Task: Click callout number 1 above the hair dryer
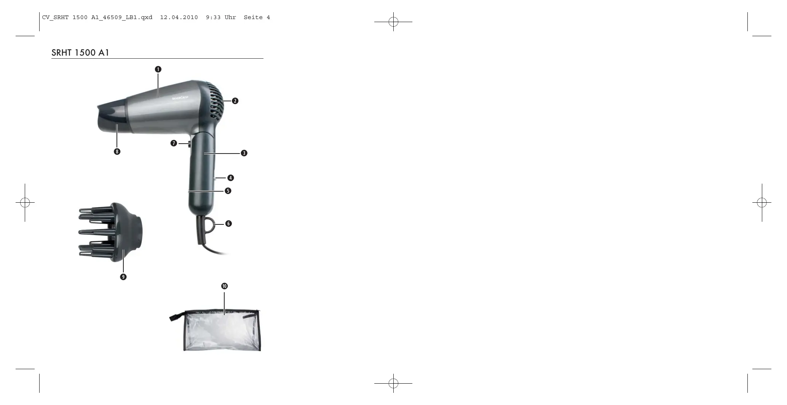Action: pos(158,69)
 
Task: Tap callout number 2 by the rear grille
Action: pos(235,101)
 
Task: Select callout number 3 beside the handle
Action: pos(244,153)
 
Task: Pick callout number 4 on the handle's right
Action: pos(230,178)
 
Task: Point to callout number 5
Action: pos(228,190)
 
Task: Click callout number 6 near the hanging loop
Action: pos(228,224)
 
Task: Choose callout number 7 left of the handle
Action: pos(174,143)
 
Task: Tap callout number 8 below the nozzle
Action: pos(117,152)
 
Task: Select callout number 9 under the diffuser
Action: pos(123,277)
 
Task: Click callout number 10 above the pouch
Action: pos(224,286)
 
